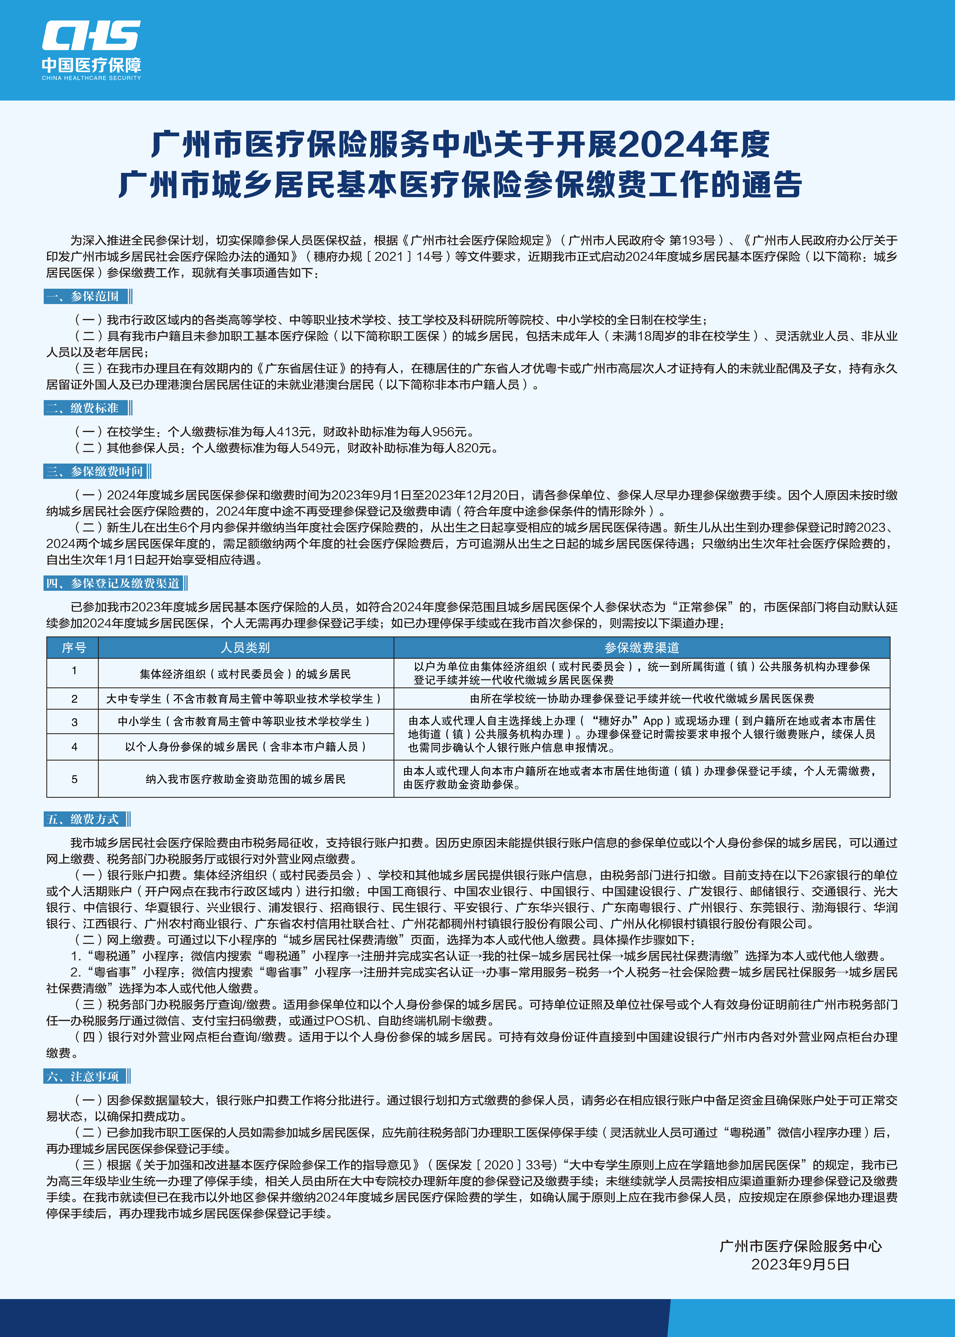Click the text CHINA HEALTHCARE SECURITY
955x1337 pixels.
click(x=91, y=78)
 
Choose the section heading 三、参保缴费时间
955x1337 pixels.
click(x=96, y=471)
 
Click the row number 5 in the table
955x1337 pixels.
click(x=74, y=779)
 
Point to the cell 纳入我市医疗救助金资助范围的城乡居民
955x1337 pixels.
click(x=245, y=779)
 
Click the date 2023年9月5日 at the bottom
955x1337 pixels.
click(x=800, y=1265)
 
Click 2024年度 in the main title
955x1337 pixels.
click(x=694, y=145)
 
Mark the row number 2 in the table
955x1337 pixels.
click(x=74, y=698)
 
